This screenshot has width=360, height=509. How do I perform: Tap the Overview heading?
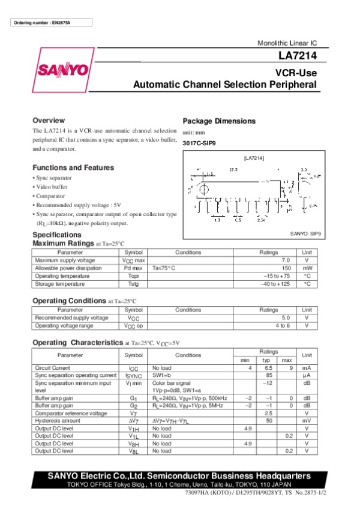(49, 120)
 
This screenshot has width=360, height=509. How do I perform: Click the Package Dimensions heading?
(219, 121)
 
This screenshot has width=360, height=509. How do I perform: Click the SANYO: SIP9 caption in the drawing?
(305, 234)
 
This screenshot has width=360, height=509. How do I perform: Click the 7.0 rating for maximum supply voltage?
(286, 260)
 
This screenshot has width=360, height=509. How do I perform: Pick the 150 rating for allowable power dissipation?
(286, 268)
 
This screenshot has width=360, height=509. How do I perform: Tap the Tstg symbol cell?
(133, 283)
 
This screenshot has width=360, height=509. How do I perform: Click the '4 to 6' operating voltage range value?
(283, 325)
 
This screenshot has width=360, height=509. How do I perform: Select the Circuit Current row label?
(53, 367)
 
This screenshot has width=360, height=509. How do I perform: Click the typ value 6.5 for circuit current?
(269, 367)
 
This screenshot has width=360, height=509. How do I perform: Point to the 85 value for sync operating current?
(269, 375)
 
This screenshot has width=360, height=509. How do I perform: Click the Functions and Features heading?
(73, 167)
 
